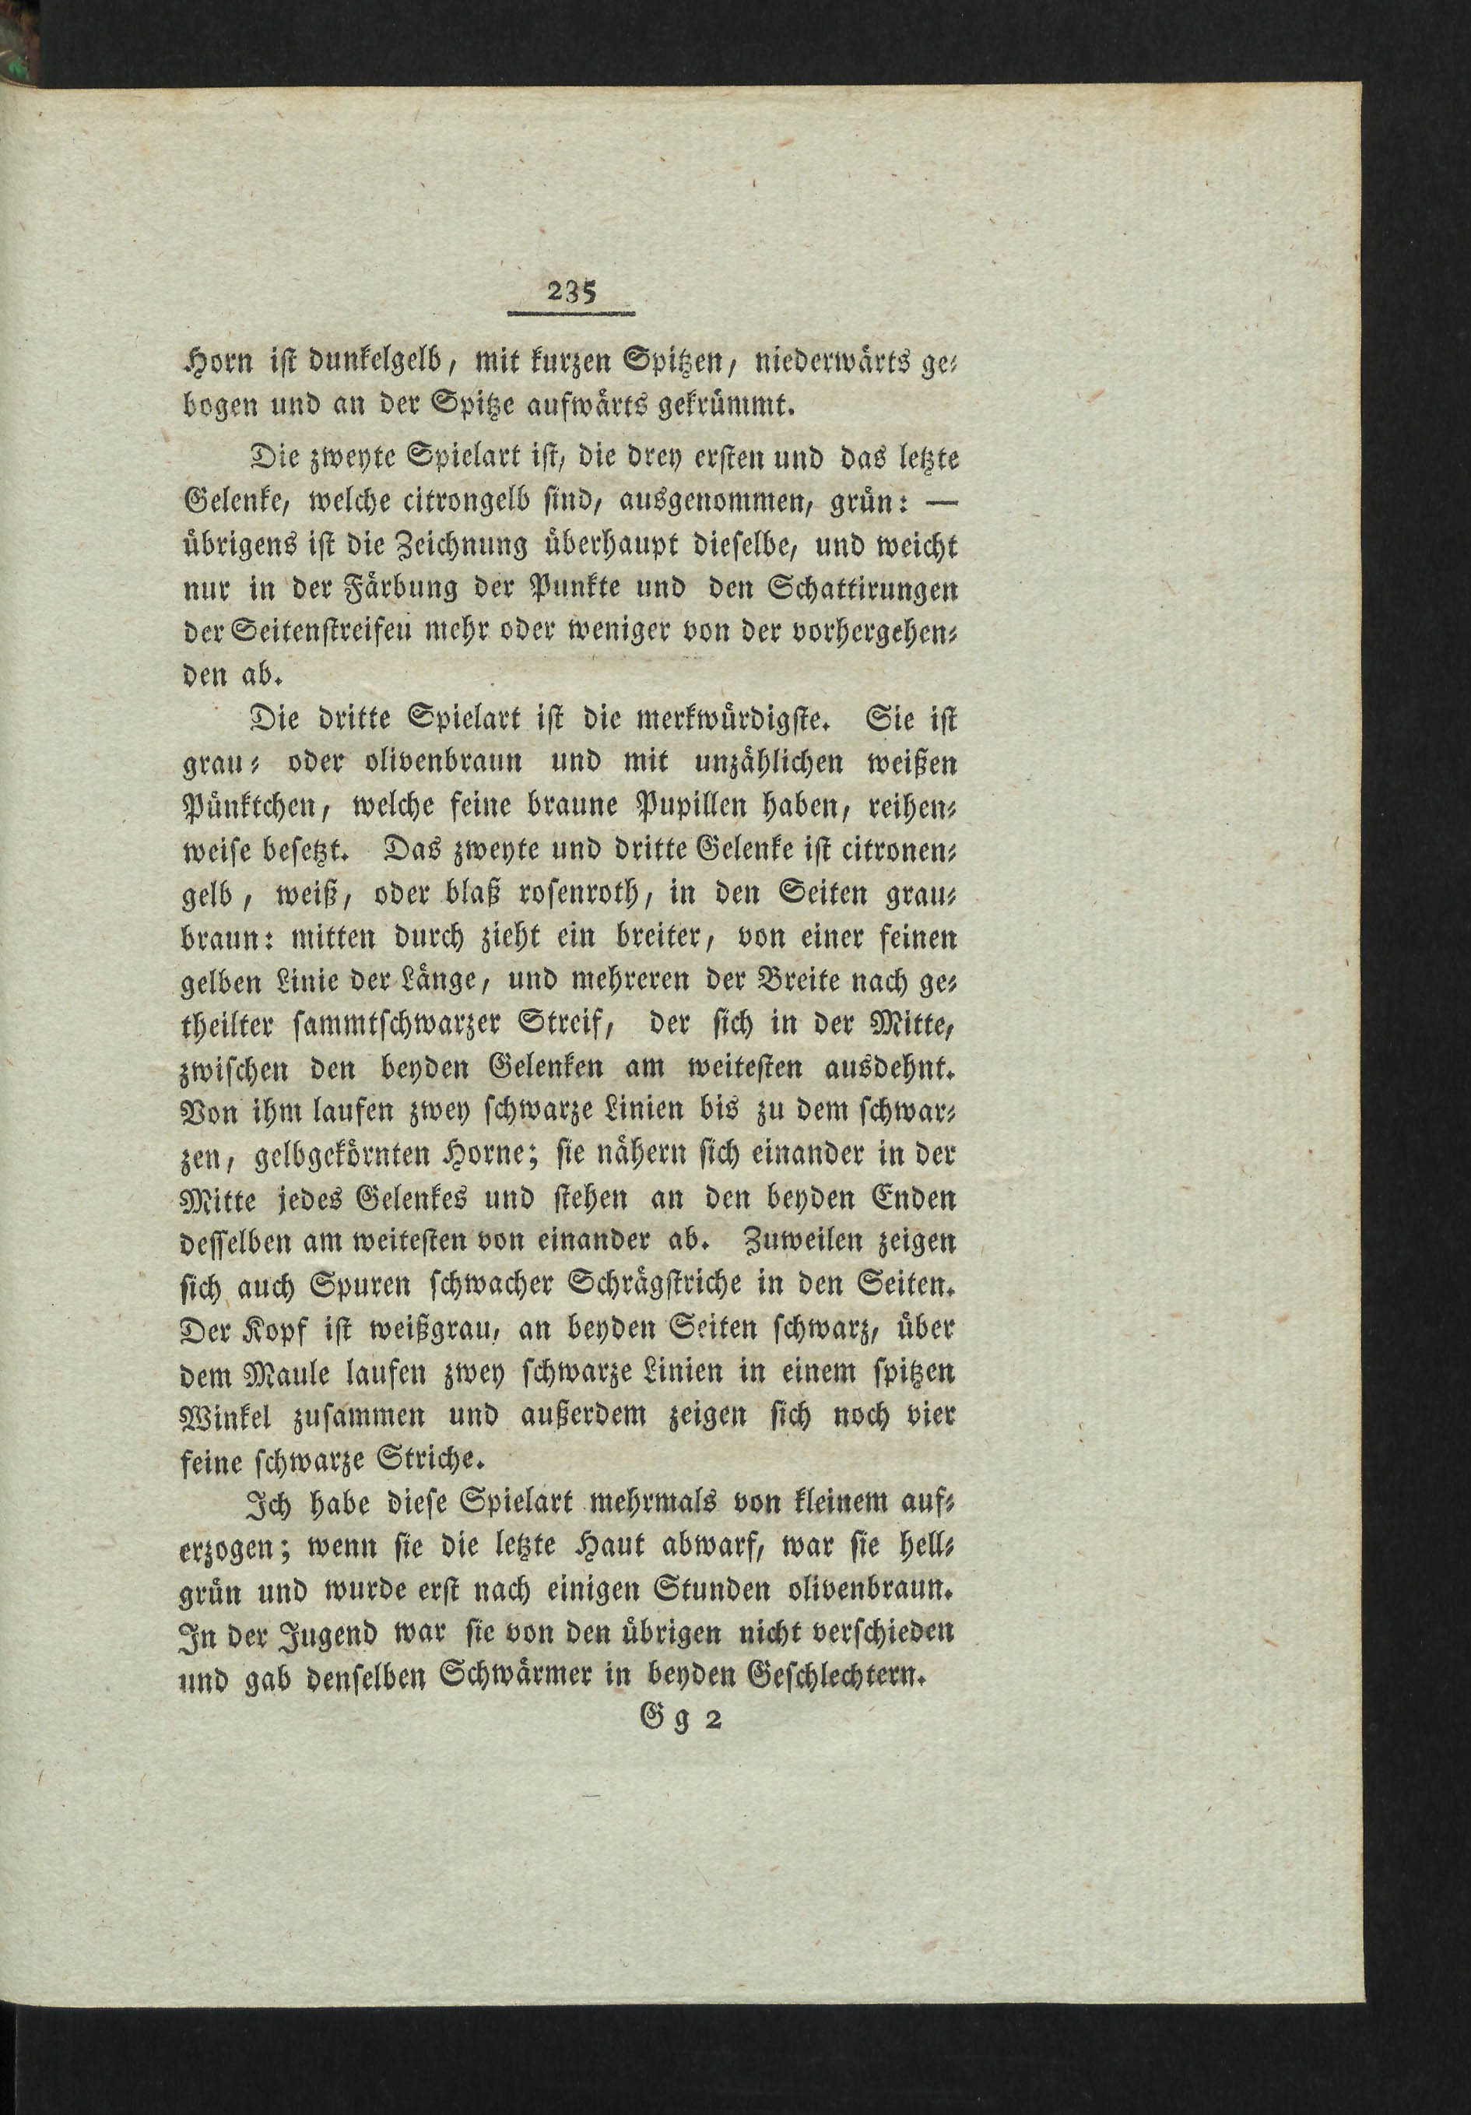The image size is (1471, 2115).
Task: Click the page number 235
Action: click(572, 292)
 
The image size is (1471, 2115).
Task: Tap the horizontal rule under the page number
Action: click(572, 315)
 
